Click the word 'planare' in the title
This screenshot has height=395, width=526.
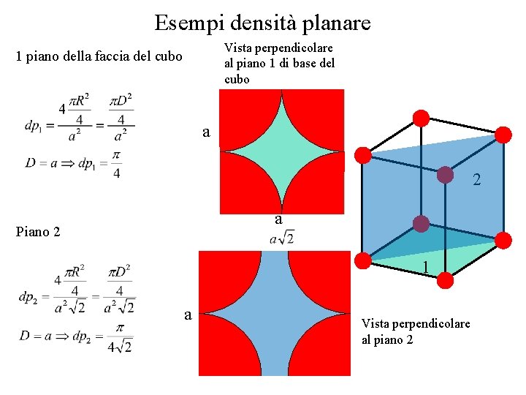[338, 23]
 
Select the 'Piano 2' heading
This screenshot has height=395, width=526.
[37, 233]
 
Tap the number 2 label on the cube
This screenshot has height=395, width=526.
[476, 179]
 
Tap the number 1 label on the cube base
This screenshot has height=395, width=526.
[425, 268]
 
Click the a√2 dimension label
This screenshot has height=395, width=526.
[282, 238]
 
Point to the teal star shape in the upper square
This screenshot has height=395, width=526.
[281, 151]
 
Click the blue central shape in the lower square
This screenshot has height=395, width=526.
[275, 313]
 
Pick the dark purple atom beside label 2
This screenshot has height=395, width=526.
[445, 175]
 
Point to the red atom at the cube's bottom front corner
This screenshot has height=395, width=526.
[446, 280]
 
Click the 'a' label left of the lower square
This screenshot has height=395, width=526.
[188, 315]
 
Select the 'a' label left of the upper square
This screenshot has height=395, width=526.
[207, 132]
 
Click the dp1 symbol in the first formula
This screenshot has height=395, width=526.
[34, 126]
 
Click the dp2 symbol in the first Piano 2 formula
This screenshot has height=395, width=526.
[29, 296]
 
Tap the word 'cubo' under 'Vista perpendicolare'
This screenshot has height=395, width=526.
[237, 79]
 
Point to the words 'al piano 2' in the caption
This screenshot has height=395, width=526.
[387, 339]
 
